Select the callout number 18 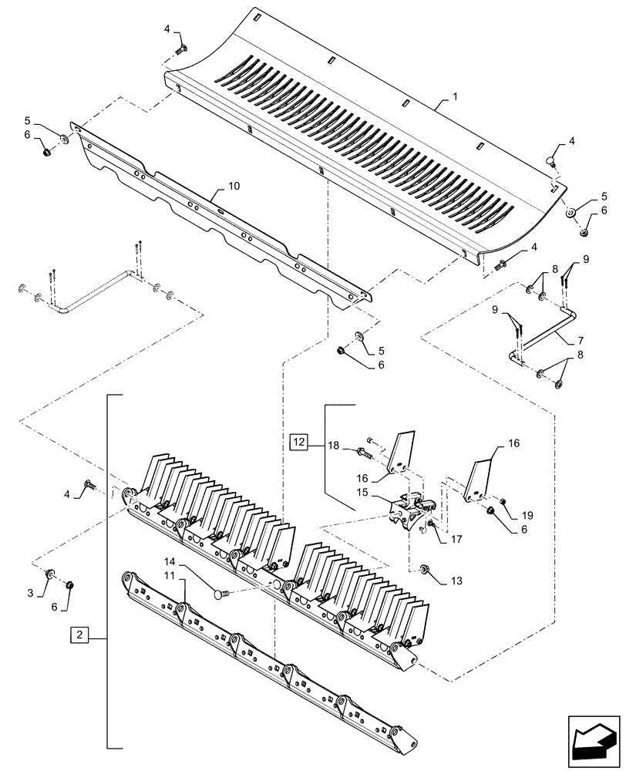(335, 446)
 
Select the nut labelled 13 (424, 569)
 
